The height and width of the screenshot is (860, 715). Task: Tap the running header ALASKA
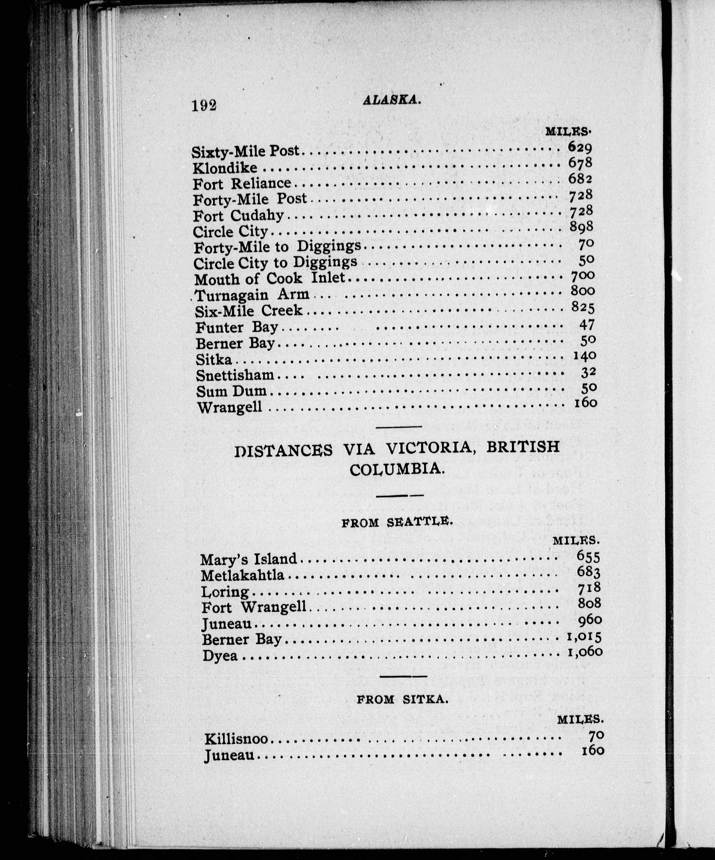(x=392, y=99)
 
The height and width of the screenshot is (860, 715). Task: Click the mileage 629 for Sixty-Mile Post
(x=580, y=147)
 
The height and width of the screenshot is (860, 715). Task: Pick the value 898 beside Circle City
(x=581, y=226)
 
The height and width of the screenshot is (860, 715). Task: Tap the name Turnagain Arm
(x=252, y=295)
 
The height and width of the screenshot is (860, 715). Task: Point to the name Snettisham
(x=235, y=375)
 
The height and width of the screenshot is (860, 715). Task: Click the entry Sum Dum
(x=231, y=391)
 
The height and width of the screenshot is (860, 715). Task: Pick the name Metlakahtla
(x=243, y=576)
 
